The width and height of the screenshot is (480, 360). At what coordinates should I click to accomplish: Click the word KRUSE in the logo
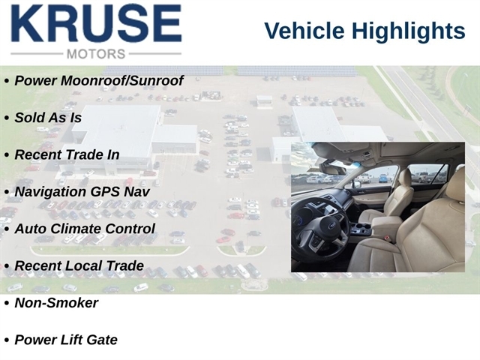[x=97, y=23]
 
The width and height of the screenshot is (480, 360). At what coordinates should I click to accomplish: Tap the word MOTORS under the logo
[x=96, y=54]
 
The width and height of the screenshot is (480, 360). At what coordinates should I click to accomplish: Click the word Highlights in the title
[x=408, y=31]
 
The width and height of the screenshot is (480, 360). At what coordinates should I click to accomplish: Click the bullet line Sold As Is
[x=48, y=118]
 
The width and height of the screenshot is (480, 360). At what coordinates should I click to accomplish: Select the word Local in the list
[x=85, y=265]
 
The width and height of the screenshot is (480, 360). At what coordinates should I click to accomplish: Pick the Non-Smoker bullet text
[x=56, y=303]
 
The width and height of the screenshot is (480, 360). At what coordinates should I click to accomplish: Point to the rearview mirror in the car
[x=332, y=169]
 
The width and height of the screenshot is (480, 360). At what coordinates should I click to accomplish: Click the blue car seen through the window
[x=383, y=178]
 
